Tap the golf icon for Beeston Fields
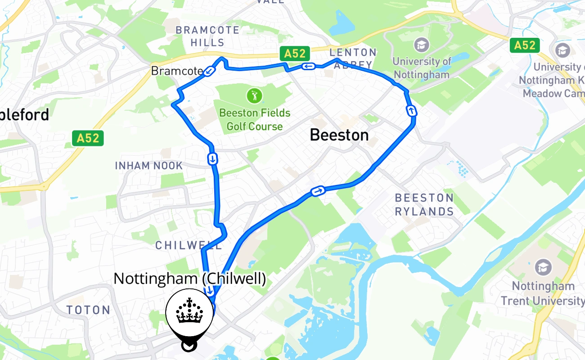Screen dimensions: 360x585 tap(254, 96)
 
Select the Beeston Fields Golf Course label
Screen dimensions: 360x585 tap(255, 120)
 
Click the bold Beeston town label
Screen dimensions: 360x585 tap(339, 135)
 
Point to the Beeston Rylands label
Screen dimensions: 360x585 tap(424, 204)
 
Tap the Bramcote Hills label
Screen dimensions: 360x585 tap(207, 36)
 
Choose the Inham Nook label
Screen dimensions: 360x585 tap(149, 166)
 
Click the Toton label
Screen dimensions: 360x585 tap(89, 310)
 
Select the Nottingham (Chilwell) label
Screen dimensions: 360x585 tap(189, 279)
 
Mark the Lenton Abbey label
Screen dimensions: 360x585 tap(353, 58)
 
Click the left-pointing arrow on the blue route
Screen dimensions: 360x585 tap(308, 67)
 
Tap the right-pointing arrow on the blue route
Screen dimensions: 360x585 tap(318, 192)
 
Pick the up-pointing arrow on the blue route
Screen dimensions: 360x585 tap(411, 111)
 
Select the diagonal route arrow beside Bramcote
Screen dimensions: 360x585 tap(209, 72)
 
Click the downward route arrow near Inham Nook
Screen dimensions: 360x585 tap(212, 158)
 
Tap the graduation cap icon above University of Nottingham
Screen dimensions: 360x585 tap(421, 45)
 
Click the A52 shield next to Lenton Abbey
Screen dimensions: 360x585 tap(295, 54)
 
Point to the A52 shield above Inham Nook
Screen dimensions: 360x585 tap(88, 138)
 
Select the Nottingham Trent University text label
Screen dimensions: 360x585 tap(543, 293)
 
